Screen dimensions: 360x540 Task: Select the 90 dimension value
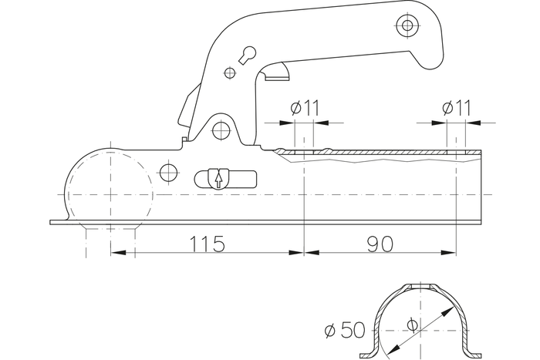click(x=380, y=244)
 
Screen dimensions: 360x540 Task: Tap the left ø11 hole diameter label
click(x=305, y=108)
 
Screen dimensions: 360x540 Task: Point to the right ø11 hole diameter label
click(x=457, y=108)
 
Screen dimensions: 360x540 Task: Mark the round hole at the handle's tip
click(x=406, y=25)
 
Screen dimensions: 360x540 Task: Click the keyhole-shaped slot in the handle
click(x=248, y=55)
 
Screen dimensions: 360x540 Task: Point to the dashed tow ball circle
click(x=100, y=188)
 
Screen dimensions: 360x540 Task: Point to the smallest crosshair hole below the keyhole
click(x=228, y=73)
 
